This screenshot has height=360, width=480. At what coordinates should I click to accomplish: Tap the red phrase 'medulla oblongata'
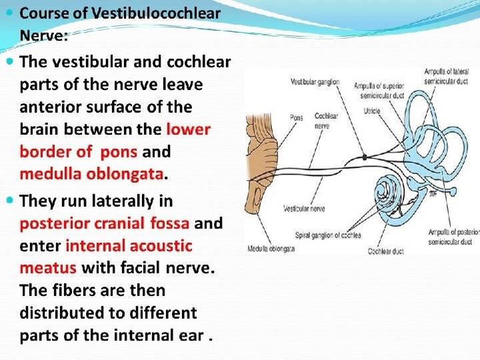coord(91,174)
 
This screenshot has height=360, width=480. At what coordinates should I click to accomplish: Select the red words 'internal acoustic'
coord(129,246)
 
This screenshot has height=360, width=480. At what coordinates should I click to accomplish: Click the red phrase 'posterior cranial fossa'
coord(105,223)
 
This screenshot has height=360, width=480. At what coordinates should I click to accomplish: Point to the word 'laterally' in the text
coord(117,201)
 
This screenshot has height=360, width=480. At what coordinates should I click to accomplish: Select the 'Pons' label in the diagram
coord(296,118)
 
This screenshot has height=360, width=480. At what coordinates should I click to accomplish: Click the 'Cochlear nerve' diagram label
coord(326,120)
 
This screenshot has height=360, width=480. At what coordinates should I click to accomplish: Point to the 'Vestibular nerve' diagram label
coord(303,209)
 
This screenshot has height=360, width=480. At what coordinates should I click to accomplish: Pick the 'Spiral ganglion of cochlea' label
coord(327,235)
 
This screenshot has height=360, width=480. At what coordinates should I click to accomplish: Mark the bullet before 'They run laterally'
coord(9,200)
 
